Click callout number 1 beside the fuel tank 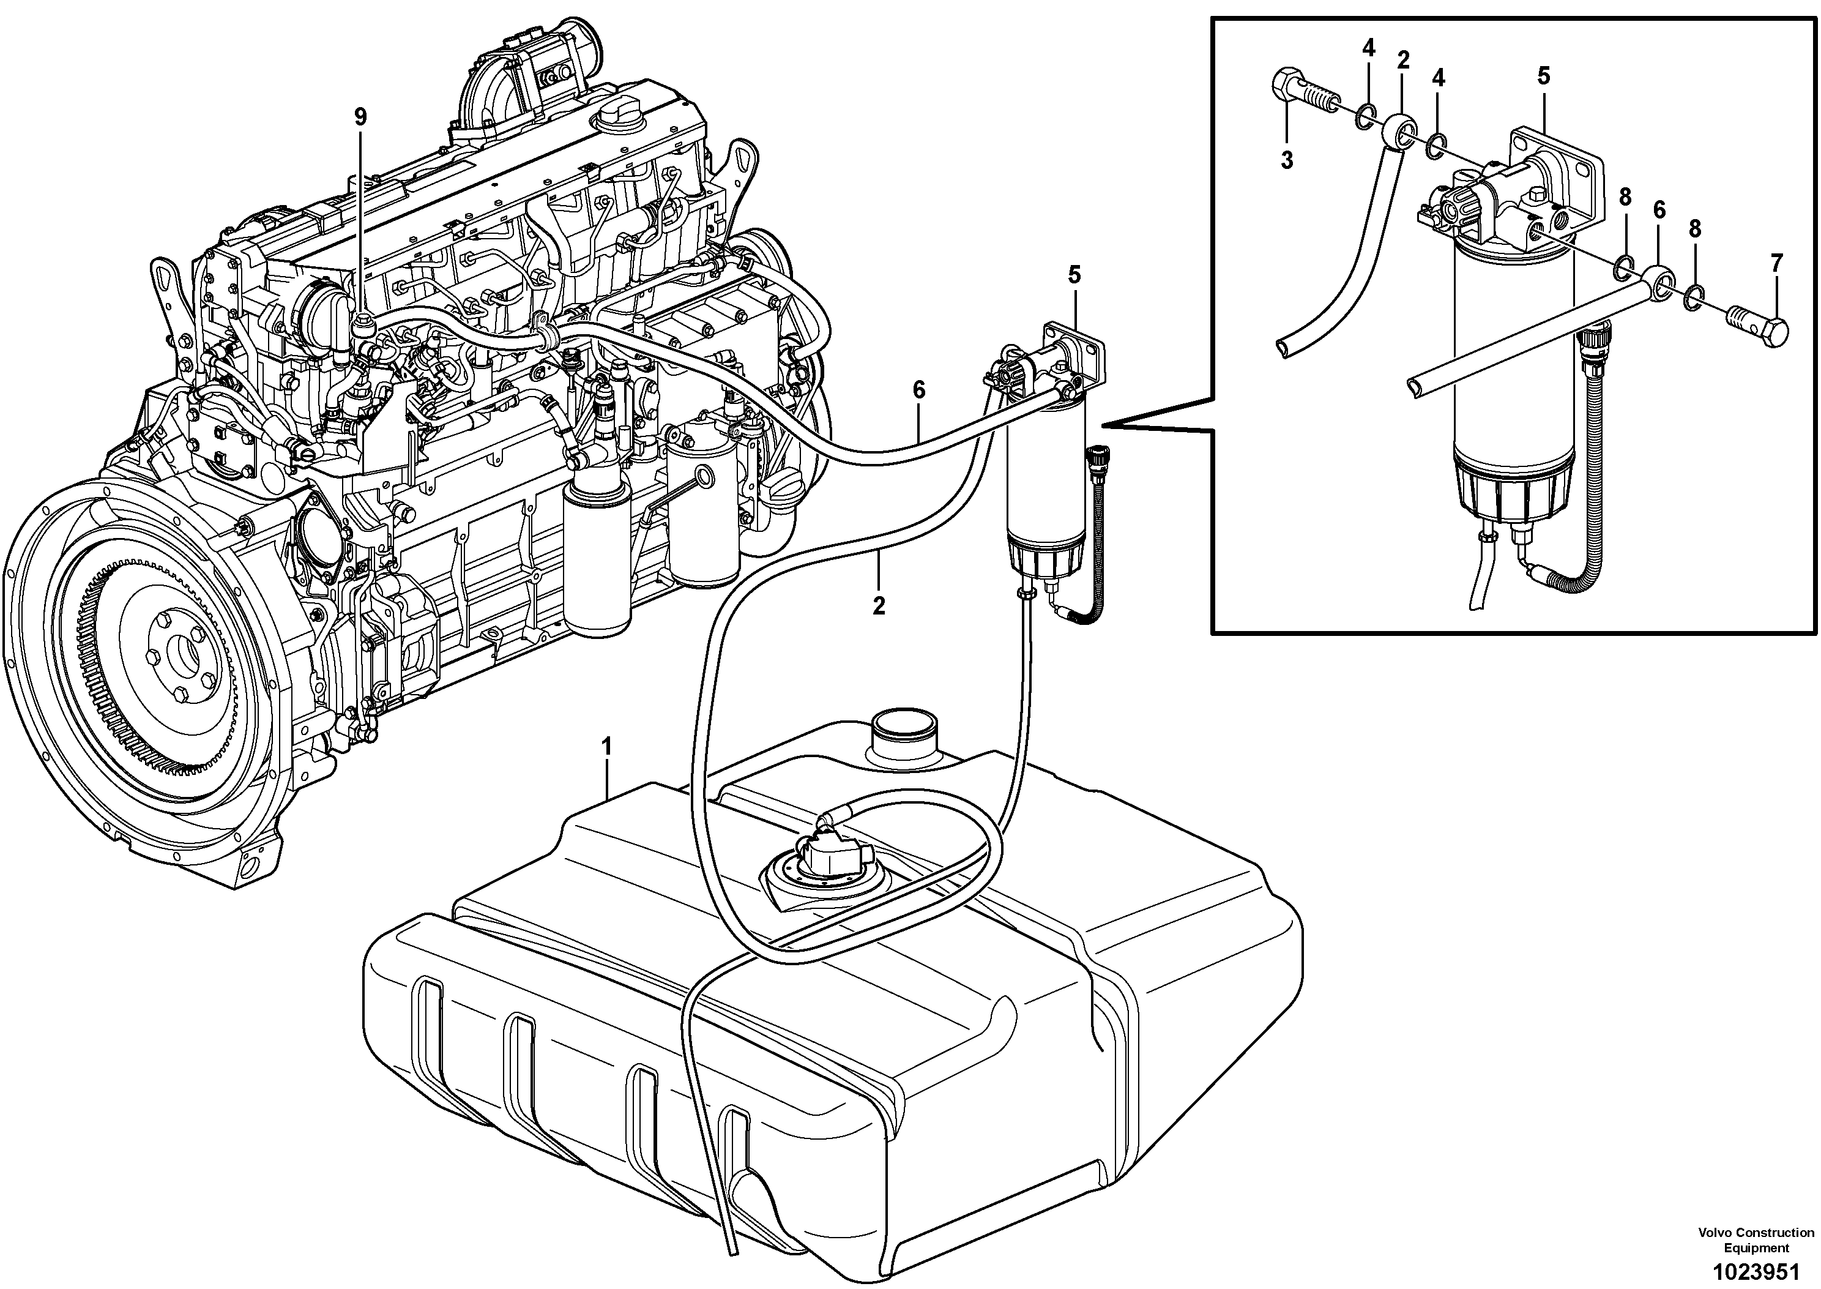607,746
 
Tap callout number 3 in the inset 1286,160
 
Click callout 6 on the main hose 919,390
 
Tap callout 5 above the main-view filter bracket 1073,275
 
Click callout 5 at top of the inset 1543,76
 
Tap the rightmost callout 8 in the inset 1694,230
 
